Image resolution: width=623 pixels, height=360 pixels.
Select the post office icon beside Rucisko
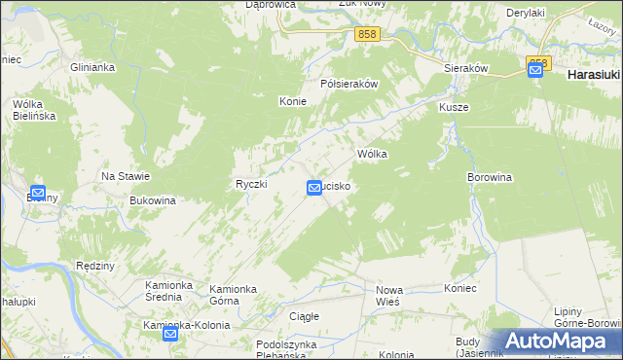click(x=315, y=187)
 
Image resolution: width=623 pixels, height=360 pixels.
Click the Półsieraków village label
click(x=349, y=84)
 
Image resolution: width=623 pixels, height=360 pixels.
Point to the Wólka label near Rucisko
click(x=373, y=154)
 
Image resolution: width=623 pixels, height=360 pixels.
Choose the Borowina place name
click(x=490, y=177)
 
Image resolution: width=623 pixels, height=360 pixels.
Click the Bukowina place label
click(x=152, y=200)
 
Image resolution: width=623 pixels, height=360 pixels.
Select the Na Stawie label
click(x=126, y=176)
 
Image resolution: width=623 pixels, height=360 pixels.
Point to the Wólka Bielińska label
click(x=33, y=109)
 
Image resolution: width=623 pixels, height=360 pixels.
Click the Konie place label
click(x=293, y=101)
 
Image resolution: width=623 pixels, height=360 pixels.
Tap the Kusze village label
click(x=454, y=107)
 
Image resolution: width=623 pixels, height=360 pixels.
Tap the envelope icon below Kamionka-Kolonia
click(x=170, y=334)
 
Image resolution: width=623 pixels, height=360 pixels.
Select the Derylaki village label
click(x=524, y=13)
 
